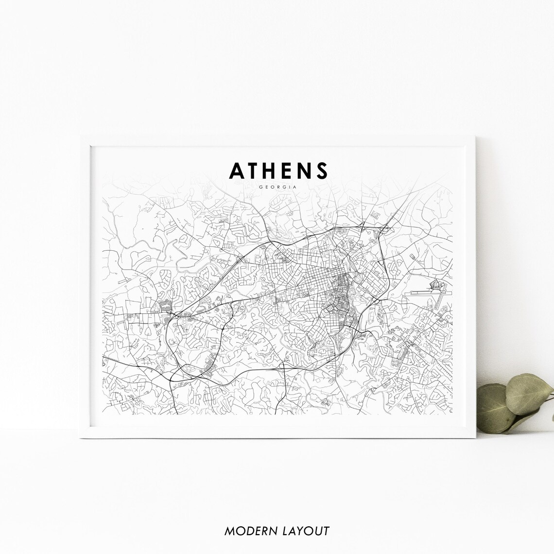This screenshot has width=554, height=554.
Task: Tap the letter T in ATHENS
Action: (x=255, y=171)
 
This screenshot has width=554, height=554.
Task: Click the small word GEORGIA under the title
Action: (x=277, y=186)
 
